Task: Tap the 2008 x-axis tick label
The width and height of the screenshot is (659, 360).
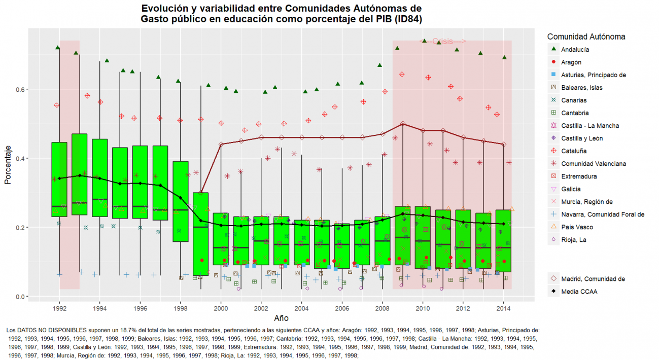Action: click(382, 308)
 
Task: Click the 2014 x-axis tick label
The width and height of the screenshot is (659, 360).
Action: click(503, 308)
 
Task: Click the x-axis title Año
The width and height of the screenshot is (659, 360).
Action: click(282, 318)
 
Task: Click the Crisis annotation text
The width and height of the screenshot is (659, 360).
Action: click(446, 42)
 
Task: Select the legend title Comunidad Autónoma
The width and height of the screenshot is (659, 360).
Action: click(586, 37)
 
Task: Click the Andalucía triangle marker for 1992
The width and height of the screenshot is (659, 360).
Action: click(58, 48)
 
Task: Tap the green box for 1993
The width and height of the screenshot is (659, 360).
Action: click(79, 174)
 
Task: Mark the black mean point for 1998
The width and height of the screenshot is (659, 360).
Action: click(181, 198)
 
